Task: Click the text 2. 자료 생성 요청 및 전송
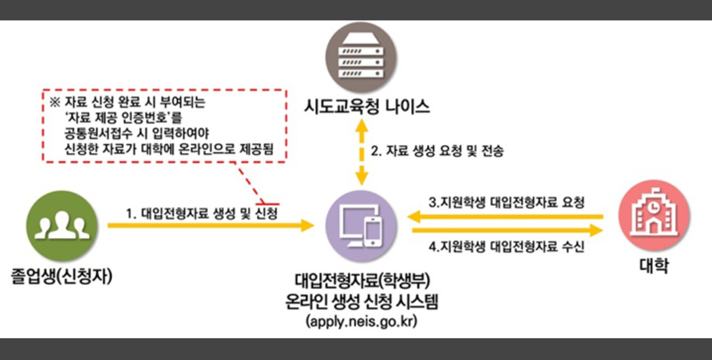point(438,152)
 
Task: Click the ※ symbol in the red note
point(54,104)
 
